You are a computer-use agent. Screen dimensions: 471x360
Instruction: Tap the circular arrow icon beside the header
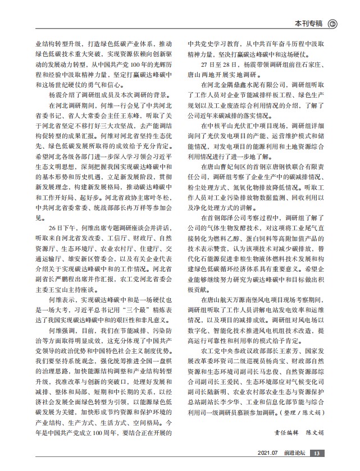click(x=332, y=24)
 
